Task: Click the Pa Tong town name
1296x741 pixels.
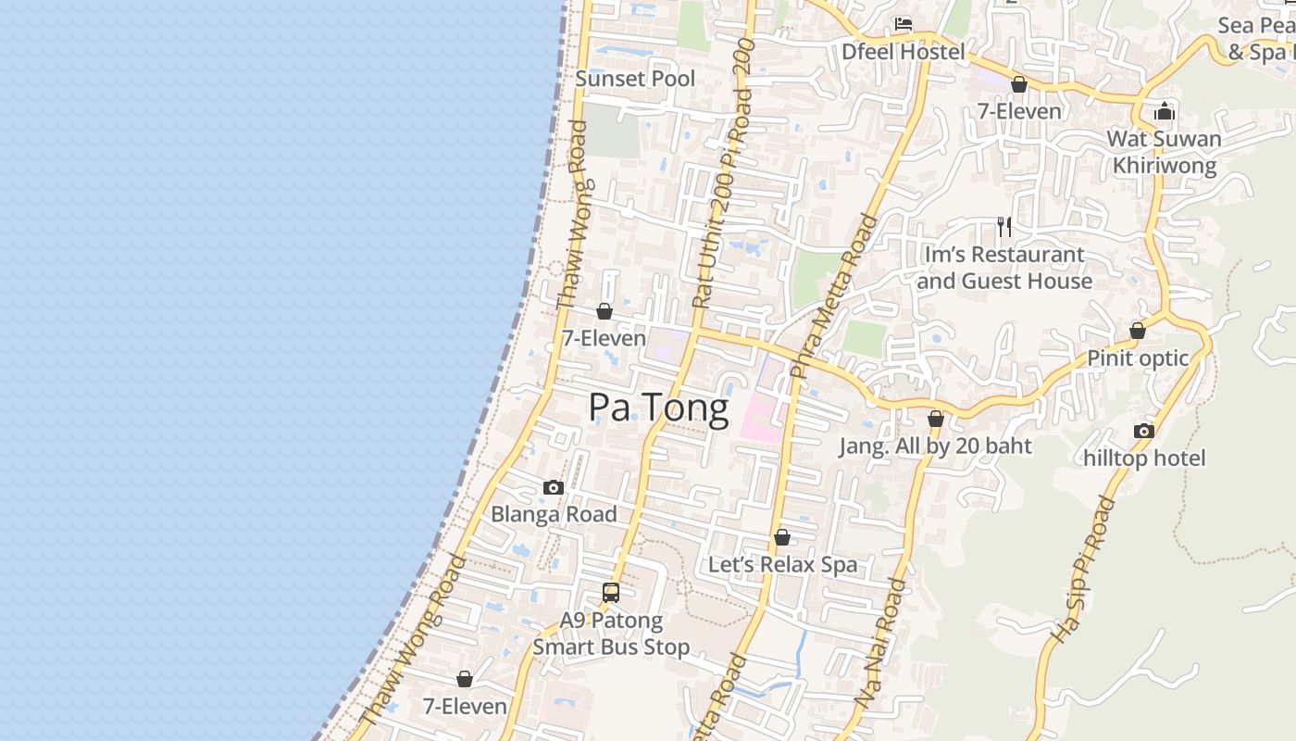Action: click(x=658, y=408)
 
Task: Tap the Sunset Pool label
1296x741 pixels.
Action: click(x=635, y=79)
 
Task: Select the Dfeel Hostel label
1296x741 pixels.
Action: click(x=903, y=52)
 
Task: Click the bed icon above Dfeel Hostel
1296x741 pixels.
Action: click(x=903, y=24)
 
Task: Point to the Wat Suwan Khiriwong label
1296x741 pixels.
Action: click(x=1164, y=152)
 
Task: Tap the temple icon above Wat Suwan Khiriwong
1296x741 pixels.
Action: click(x=1165, y=113)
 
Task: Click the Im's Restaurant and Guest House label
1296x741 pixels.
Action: click(x=1004, y=268)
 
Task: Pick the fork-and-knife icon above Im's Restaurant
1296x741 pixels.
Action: click(x=1004, y=226)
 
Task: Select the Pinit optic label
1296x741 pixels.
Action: click(x=1138, y=358)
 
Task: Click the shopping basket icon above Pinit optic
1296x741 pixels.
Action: click(x=1138, y=331)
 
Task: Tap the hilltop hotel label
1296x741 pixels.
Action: click(x=1144, y=458)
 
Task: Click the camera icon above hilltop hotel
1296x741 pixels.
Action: click(x=1144, y=431)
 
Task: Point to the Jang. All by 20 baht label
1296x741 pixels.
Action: click(x=935, y=446)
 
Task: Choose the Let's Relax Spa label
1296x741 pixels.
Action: click(x=782, y=565)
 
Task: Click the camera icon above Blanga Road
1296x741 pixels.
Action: click(x=554, y=487)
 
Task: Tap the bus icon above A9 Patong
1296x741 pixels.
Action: click(x=611, y=593)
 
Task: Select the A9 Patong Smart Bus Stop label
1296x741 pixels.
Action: click(x=611, y=634)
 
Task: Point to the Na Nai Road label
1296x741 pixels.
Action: click(x=882, y=644)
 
